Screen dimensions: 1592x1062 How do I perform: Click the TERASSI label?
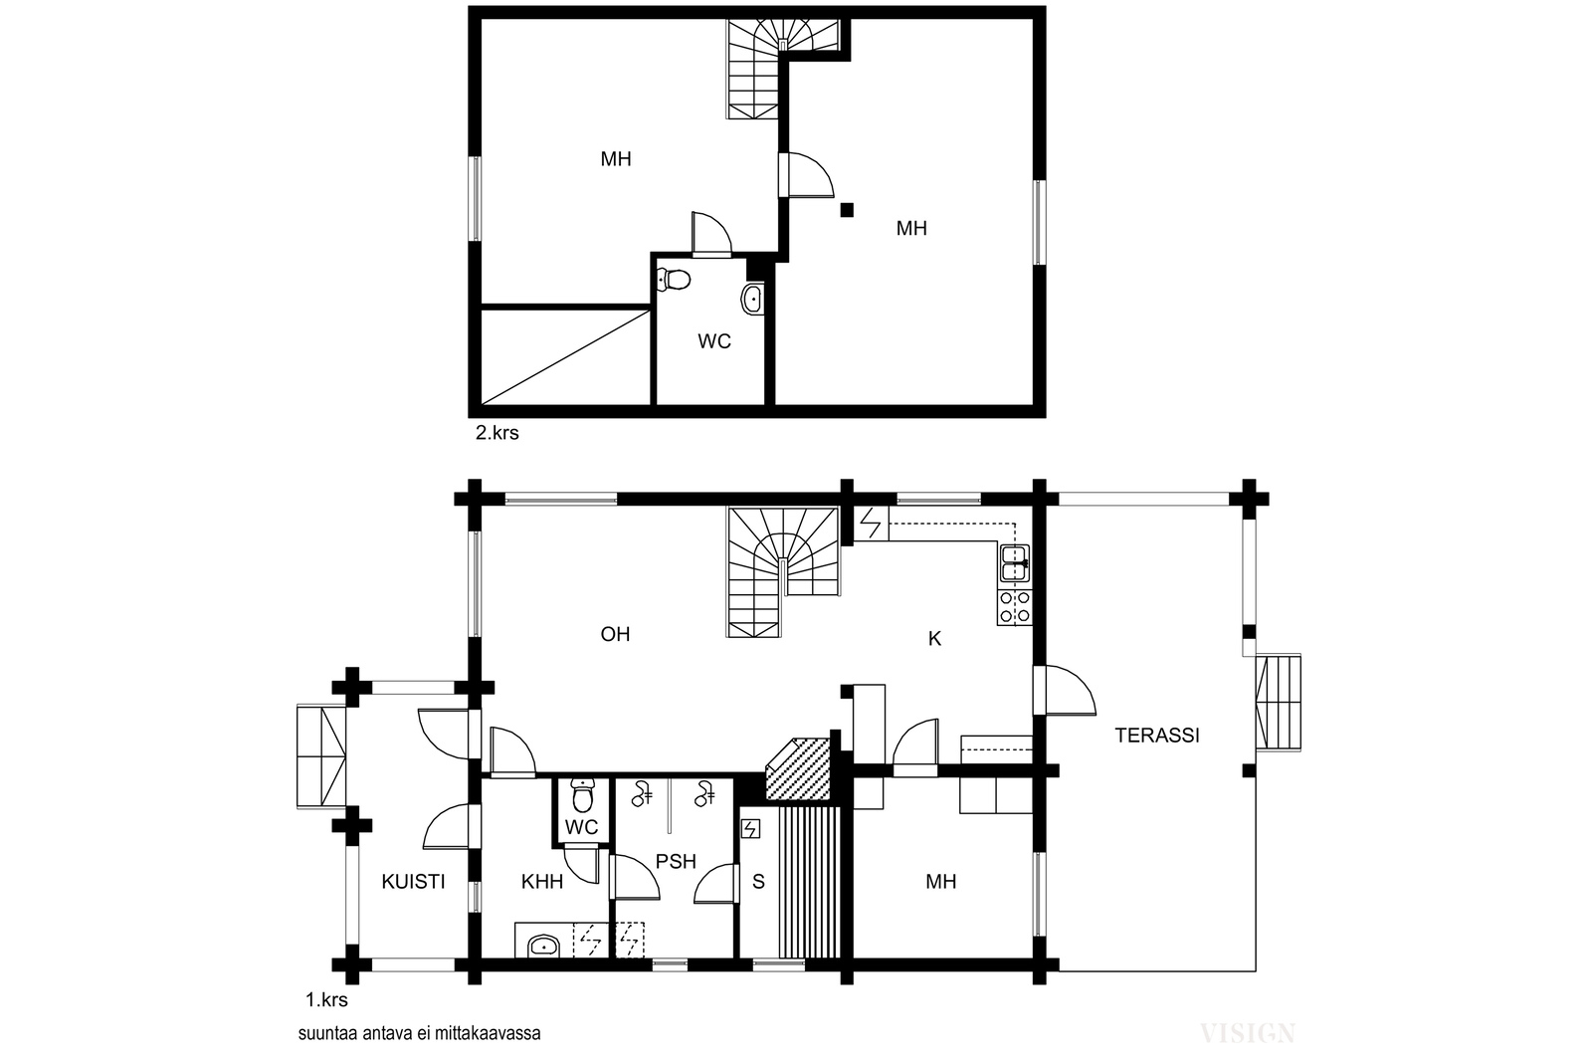coord(1156,735)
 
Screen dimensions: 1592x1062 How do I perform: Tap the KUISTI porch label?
coord(413,882)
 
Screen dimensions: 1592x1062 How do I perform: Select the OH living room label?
coord(615,634)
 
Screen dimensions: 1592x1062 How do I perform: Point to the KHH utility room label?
coord(541,882)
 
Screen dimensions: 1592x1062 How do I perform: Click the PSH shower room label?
coord(676,862)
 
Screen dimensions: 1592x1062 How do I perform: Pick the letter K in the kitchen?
coord(934,639)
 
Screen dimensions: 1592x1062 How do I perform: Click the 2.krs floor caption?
coord(497,433)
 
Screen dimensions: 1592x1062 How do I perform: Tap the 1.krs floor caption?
coord(326,1000)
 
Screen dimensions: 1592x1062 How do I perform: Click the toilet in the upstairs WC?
coord(673,280)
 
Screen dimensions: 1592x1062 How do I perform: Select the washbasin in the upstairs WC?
coord(752,299)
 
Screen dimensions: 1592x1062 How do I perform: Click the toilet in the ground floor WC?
coord(582,795)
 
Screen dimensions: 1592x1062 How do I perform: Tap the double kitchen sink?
coord(1014,563)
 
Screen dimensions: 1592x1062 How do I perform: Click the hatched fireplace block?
coord(798,769)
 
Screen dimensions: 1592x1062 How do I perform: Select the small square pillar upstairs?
coord(847,210)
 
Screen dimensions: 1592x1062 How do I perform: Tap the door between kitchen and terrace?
coord(1064,690)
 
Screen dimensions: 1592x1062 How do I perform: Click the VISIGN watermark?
coord(1248,1033)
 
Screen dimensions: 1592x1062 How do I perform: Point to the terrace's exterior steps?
coord(1278,703)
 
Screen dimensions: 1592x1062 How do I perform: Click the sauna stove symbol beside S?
coord(750,829)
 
